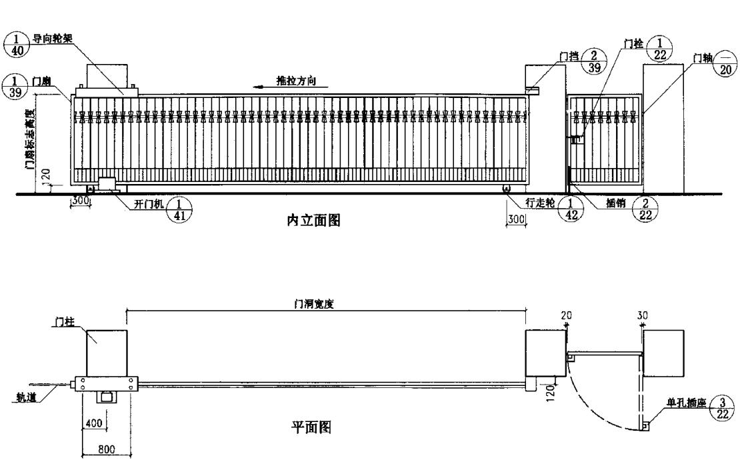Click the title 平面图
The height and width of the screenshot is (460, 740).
tap(311, 427)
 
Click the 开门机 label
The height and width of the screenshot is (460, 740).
tap(149, 205)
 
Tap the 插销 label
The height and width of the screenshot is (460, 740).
tap(617, 203)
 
